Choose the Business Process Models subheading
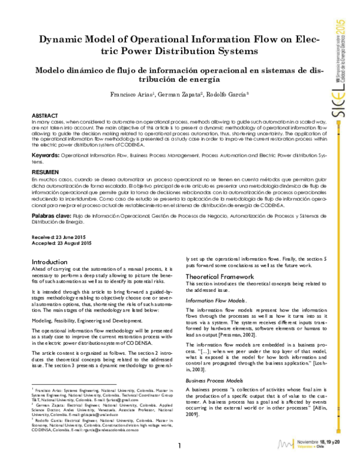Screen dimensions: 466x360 [x=214, y=381]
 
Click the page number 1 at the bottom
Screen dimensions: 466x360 [x=179, y=447]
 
